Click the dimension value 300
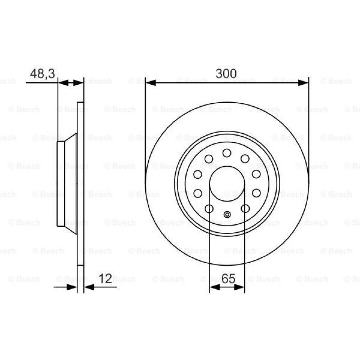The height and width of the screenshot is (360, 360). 226,74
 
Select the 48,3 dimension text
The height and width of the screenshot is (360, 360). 42,74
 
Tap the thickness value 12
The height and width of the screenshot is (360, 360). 105,279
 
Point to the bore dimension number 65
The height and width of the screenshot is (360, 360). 228,279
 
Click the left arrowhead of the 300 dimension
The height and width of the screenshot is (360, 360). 150,83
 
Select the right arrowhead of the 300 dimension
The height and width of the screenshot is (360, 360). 303,83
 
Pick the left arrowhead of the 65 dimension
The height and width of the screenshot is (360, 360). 214,287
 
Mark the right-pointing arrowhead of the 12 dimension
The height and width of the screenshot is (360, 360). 72,287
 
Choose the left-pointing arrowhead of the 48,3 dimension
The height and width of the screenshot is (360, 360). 63,83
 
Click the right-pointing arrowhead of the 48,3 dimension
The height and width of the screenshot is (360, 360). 79,83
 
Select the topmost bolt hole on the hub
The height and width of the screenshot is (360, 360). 227,153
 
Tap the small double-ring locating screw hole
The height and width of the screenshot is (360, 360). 227,214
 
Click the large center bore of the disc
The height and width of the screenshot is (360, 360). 227,183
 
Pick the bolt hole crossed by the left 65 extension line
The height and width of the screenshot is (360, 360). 209,209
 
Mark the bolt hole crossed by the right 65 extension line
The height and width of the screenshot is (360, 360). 245,209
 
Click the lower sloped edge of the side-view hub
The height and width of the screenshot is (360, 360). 71,230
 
